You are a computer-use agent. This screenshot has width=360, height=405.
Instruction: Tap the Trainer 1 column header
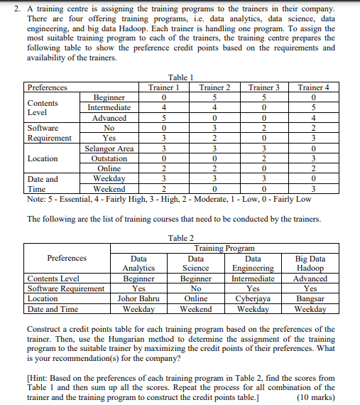click(x=163, y=87)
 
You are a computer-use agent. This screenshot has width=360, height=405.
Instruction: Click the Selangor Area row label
click(x=109, y=148)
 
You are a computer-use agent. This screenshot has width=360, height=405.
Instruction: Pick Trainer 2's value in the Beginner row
click(x=214, y=97)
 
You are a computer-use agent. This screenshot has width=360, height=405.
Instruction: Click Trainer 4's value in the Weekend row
click(x=314, y=190)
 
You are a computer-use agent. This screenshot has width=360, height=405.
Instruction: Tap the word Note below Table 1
click(x=36, y=199)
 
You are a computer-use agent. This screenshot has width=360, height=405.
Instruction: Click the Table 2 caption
click(x=182, y=238)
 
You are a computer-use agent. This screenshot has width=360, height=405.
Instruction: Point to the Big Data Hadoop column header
click(x=310, y=264)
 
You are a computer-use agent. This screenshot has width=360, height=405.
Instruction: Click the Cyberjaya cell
click(x=252, y=299)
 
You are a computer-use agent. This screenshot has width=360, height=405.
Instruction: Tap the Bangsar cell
click(x=310, y=299)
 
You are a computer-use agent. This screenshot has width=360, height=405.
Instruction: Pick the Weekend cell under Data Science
click(x=196, y=309)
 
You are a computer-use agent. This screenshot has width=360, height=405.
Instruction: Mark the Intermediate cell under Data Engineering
click(x=252, y=279)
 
